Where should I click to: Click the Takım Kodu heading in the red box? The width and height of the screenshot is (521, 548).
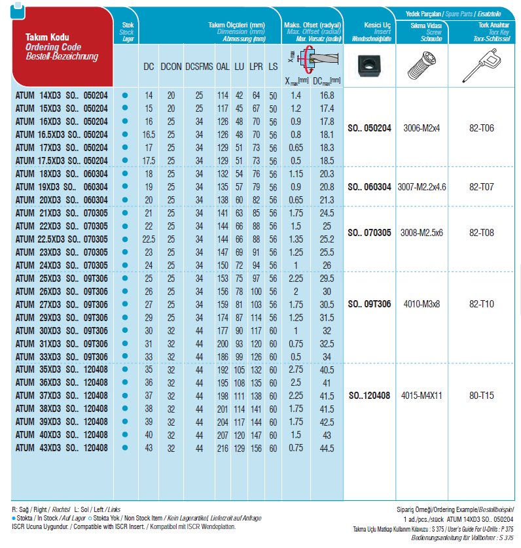coord(46,39)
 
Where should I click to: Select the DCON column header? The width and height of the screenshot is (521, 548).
coord(171,67)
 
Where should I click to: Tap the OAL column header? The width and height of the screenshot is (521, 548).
coord(223,67)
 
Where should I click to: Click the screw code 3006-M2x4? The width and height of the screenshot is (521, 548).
coord(422,128)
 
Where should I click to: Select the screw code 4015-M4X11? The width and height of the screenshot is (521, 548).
coord(422,395)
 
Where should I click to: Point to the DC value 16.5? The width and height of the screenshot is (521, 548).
coord(149,133)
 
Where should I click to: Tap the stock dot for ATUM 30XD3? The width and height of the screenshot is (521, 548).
coord(124,330)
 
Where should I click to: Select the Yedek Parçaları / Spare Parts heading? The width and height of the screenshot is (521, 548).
coord(451,12)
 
